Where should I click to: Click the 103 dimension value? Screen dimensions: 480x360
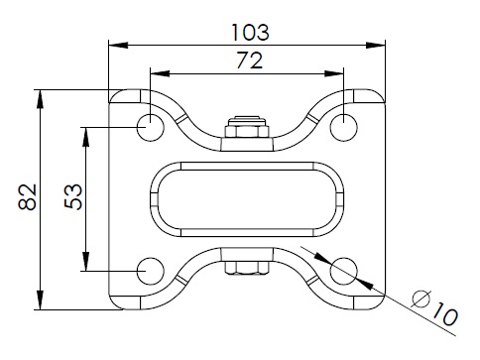coord(250,33)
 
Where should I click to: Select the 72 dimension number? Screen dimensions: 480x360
coord(250,60)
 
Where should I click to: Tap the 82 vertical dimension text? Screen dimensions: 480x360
coord(27,196)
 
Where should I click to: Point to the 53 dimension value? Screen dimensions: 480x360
coord(73,196)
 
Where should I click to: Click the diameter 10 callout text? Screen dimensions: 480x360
coord(435,308)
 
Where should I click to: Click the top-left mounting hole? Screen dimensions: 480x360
coord(151,127)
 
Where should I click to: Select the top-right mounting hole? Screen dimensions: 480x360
coord(344,127)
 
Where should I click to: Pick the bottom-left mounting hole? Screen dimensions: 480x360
coord(151,271)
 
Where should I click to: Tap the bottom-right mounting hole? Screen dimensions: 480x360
coord(344,271)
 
